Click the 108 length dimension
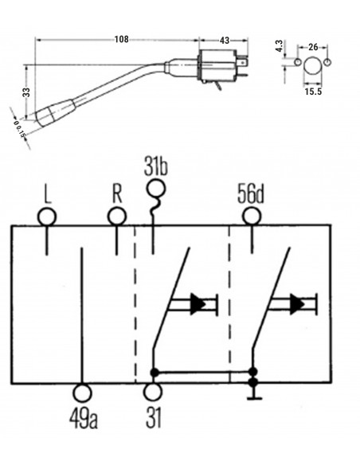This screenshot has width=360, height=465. (122, 37)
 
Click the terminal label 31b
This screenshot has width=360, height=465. (157, 169)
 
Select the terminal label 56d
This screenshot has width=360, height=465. (252, 193)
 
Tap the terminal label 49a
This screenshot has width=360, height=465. (84, 416)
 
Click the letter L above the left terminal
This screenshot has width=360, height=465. (48, 193)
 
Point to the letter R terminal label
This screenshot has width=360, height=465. (116, 193)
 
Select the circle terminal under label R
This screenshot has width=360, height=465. (117, 217)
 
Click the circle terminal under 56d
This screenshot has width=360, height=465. (252, 216)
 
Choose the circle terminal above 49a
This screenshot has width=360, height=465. (83, 393)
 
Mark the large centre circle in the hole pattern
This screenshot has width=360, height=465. (311, 64)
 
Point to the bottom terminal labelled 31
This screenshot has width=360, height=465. (154, 393)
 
